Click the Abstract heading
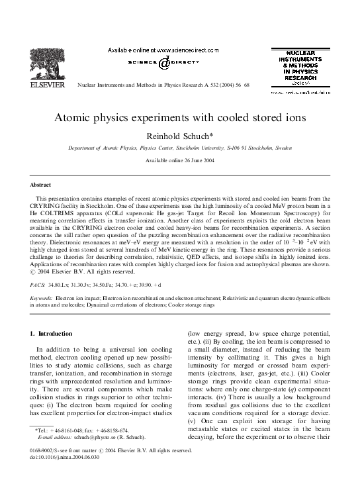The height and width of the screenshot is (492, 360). click(x=42, y=184)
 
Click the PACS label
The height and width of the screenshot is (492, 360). click(x=38, y=283)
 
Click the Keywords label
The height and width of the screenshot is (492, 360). click(x=42, y=299)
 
